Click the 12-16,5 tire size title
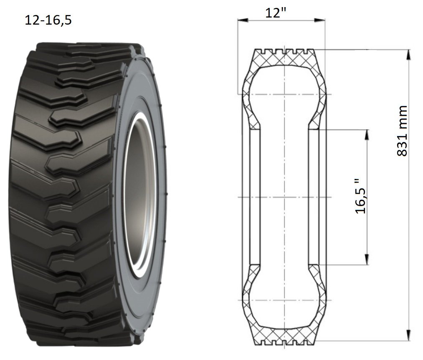48,20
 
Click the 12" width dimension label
276,13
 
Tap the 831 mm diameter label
402,131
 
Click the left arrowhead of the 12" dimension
243,20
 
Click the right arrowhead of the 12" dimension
320,20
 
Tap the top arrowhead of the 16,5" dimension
367,135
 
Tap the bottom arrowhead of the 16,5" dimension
367,259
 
